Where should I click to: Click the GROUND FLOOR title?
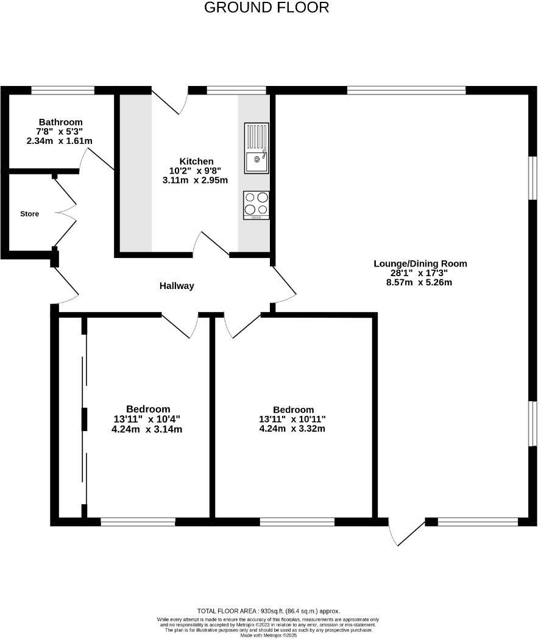coord(266,8)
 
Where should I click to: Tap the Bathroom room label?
coord(60,122)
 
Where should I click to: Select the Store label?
coord(29,214)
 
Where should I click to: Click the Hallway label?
coord(177,285)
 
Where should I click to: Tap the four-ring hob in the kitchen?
coord(256,205)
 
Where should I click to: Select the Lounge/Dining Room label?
coord(420,263)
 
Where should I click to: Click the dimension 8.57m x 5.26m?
coord(420,282)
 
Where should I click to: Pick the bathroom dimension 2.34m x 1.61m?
coord(60,141)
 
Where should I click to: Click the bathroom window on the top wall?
coord(63,91)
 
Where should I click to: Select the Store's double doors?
coord(66,212)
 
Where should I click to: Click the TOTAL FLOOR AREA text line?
coord(269,611)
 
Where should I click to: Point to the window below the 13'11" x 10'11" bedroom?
coord(297,521)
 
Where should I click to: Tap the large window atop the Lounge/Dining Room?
coord(406,91)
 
